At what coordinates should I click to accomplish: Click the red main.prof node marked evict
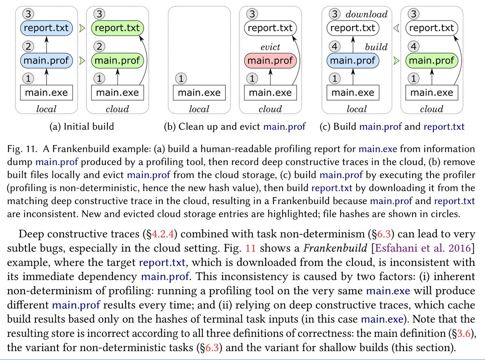click(270, 61)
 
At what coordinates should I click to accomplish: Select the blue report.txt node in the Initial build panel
click(47, 29)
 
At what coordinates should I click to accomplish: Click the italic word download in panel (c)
click(367, 15)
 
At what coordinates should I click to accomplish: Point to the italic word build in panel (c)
click(376, 47)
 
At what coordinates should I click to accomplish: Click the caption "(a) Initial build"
click(81, 126)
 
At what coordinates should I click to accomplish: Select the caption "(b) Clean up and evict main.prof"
click(235, 126)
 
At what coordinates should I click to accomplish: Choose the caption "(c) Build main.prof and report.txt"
click(392, 126)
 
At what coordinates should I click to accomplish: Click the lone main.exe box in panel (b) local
click(199, 93)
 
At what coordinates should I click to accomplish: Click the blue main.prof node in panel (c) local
click(353, 61)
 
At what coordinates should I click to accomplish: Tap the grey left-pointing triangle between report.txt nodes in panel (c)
click(396, 28)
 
